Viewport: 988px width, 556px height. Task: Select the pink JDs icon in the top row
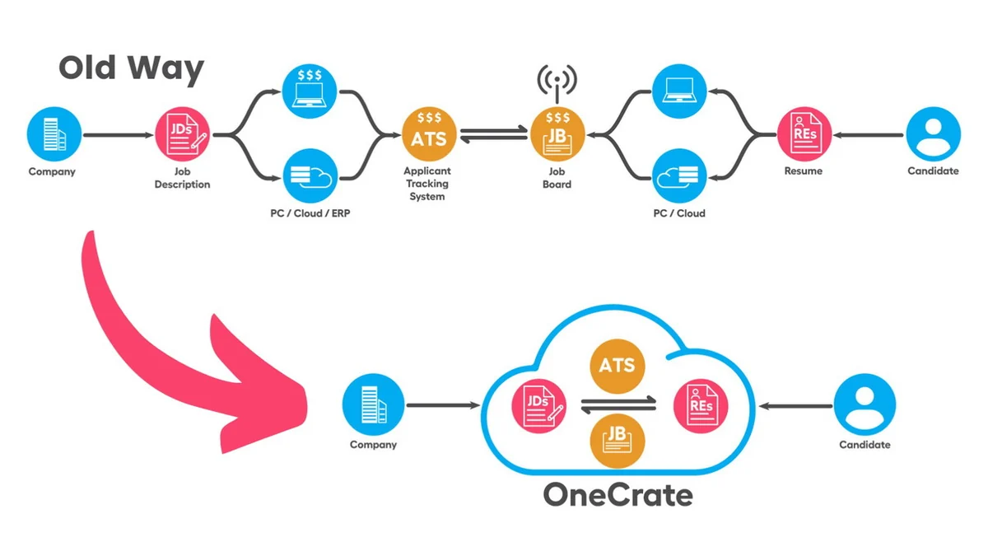coord(183,135)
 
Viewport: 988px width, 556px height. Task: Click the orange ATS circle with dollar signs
coord(429,134)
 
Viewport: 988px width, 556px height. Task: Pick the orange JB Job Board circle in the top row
coord(557,134)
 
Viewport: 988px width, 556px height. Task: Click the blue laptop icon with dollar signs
coord(310,88)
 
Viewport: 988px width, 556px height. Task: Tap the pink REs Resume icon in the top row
coord(804,135)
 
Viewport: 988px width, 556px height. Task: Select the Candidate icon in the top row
coord(933,135)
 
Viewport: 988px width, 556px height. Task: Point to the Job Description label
coord(182,178)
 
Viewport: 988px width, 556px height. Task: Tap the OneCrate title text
coord(617,495)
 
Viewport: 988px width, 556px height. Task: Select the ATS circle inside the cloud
coord(617,363)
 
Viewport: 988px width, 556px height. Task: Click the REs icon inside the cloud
coord(701,404)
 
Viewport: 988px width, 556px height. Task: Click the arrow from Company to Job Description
coord(115,135)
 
